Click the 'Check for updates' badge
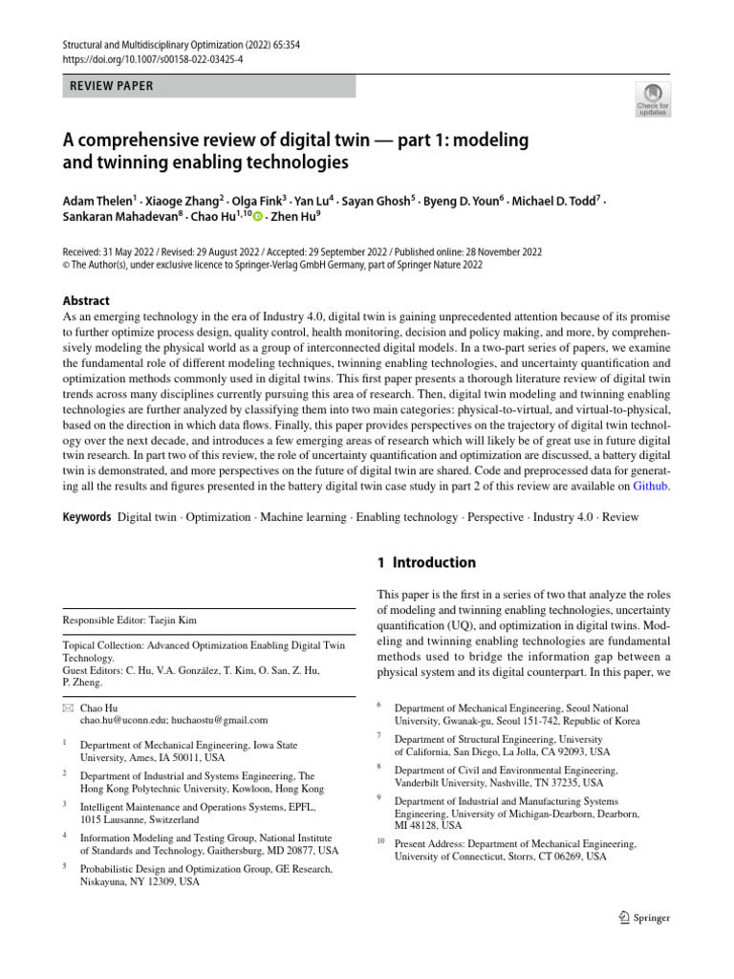coord(653,98)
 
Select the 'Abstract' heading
coord(87,300)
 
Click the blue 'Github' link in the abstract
coord(652,486)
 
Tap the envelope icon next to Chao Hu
coord(67,707)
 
